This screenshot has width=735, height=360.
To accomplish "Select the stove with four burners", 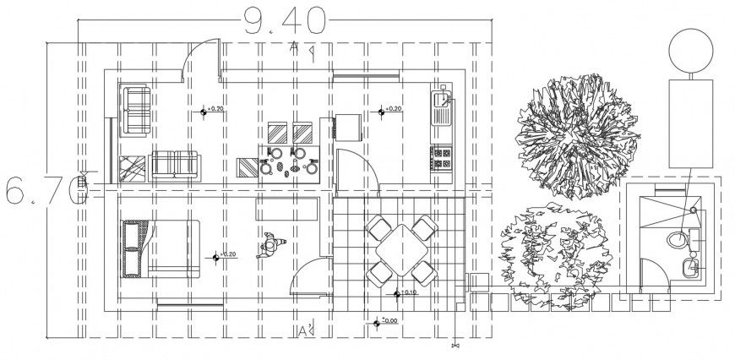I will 442,156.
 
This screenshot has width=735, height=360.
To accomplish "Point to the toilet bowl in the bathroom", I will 678,239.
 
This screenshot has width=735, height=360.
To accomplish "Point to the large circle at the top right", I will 693,49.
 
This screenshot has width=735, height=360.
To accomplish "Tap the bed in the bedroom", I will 161,248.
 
